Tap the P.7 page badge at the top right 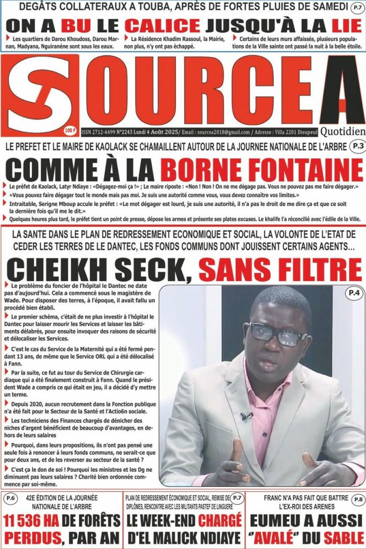point(355,8)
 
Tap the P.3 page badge point(355,146)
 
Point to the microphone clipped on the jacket point(248,416)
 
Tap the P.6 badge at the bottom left point(10,499)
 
